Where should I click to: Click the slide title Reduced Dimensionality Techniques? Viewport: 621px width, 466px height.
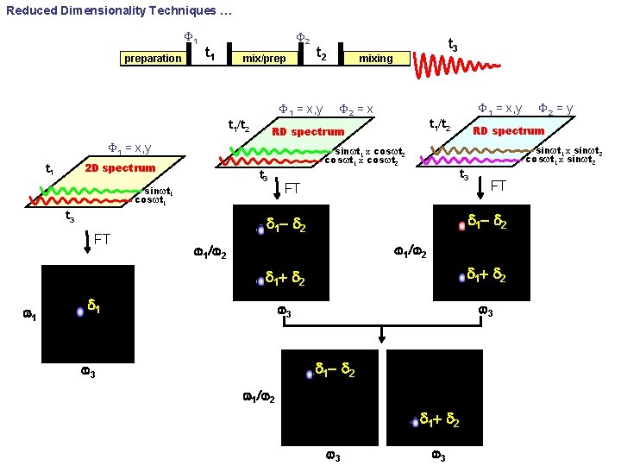pyautogui.click(x=112, y=11)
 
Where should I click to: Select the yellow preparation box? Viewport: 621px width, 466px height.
pyautogui.click(x=153, y=59)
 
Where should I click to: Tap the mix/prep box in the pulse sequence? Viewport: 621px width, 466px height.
pyautogui.click(x=264, y=59)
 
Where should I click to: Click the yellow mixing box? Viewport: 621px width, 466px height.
pyautogui.click(x=375, y=59)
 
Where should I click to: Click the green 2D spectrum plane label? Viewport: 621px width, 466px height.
pyautogui.click(x=120, y=167)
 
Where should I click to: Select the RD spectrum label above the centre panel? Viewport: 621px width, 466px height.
pyautogui.click(x=308, y=132)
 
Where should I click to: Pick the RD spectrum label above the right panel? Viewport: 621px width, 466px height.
pyautogui.click(x=508, y=131)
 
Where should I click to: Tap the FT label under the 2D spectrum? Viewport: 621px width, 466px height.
pyautogui.click(x=102, y=239)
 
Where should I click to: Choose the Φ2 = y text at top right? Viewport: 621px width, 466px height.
pyautogui.click(x=555, y=108)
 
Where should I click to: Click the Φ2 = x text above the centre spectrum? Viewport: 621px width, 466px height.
pyautogui.click(x=355, y=109)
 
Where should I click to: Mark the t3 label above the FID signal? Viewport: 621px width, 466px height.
pyautogui.click(x=452, y=44)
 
